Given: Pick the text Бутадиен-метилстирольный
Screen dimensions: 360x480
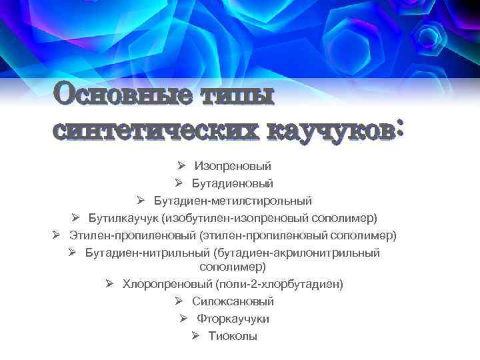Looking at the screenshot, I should tap(233, 200).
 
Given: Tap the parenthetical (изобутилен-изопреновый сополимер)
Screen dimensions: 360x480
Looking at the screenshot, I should tap(269, 218).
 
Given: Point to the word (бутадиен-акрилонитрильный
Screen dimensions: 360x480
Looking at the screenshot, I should tap(297, 253).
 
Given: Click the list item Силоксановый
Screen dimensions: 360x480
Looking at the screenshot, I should tap(233, 301).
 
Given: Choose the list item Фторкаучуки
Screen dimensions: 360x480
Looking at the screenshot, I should tap(233, 319).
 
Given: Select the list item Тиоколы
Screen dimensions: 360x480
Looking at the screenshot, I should tap(233, 336).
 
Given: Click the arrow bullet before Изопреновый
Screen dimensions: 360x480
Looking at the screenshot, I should tap(182, 165).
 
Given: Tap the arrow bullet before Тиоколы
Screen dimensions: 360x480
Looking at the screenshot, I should tap(195, 335).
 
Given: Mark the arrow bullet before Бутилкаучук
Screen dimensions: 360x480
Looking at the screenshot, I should tap(76, 217).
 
